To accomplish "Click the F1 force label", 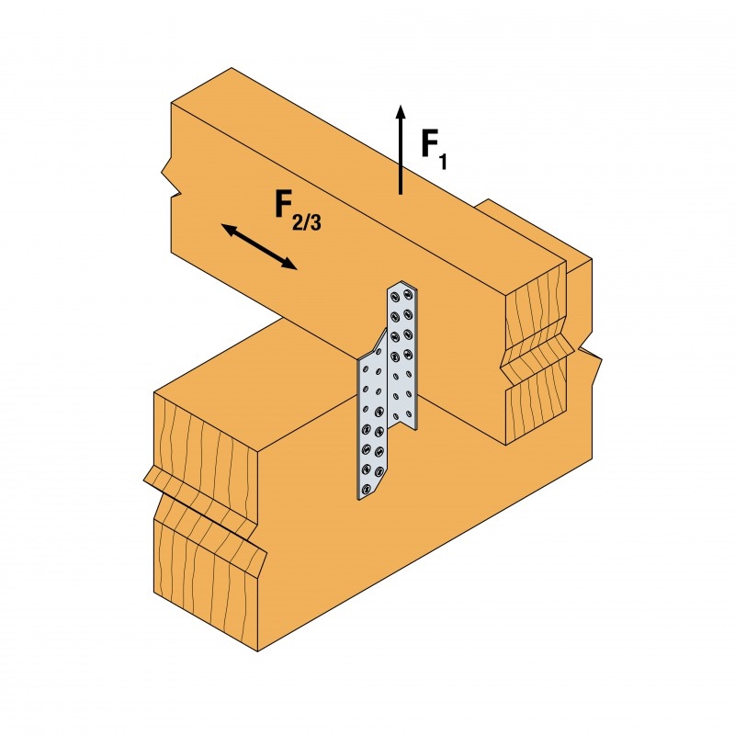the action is (x=434, y=150).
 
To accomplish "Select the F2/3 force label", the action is (x=298, y=212).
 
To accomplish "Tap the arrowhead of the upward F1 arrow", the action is (x=400, y=112).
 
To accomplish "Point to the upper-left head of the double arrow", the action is (x=229, y=230).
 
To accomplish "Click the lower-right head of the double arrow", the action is (x=289, y=265).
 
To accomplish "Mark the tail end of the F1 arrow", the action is (x=400, y=194).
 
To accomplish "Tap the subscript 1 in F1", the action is (x=442, y=162).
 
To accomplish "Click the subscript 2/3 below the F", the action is (x=307, y=222).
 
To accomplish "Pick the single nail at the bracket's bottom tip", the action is (x=364, y=490).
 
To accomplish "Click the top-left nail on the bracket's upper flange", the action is (x=395, y=296).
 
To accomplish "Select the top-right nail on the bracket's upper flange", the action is (x=407, y=294).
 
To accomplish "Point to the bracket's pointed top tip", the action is (x=401, y=282).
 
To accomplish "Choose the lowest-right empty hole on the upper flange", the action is (x=409, y=413).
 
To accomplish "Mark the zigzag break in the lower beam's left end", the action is (x=205, y=510).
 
